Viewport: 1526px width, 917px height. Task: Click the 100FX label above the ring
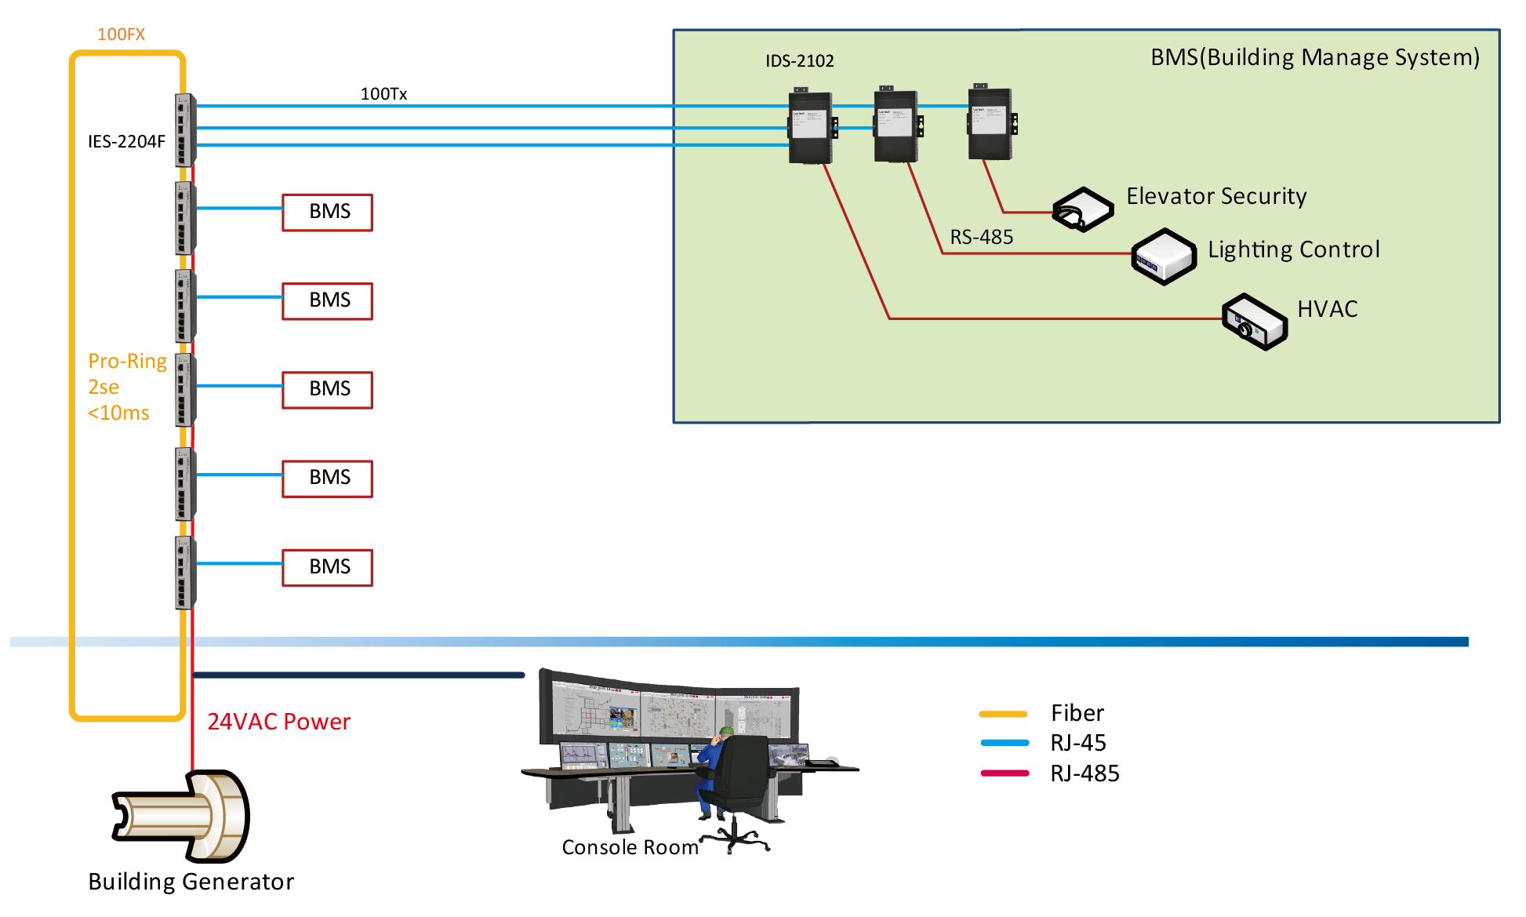click(121, 34)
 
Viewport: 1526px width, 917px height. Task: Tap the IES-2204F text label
click(126, 141)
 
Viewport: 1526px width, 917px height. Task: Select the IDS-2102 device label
click(799, 60)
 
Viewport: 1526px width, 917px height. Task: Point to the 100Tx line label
click(383, 93)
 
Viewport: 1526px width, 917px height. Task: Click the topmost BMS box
click(328, 212)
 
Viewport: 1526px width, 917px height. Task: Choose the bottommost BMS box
click(328, 567)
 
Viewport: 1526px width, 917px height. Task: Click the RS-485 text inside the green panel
click(981, 237)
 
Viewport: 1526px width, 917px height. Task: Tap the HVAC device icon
click(1254, 322)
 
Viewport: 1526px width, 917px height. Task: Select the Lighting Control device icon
click(1164, 256)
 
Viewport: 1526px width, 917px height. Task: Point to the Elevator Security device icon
click(1082, 209)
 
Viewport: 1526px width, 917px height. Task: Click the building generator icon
click(182, 816)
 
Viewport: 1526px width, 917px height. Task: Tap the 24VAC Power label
click(278, 722)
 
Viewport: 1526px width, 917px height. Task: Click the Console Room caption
click(630, 847)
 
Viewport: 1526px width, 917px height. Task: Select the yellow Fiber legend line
click(1003, 714)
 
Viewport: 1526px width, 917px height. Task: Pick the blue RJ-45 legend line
click(1005, 743)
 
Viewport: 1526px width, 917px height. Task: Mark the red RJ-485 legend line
click(1005, 773)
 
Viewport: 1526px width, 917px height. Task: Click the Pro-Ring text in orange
click(127, 361)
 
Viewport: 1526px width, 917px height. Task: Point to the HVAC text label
click(1327, 309)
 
